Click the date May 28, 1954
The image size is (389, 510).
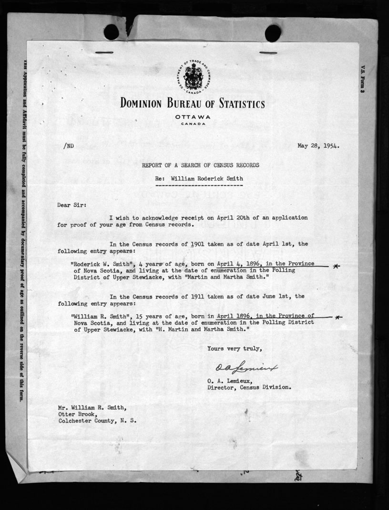point(319,146)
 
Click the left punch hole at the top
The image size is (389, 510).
point(111,32)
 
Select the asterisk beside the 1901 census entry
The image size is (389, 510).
point(337,266)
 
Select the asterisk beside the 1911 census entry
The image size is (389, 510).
point(338,317)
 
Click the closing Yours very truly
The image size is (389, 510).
point(235,349)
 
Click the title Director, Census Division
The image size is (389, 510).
point(248,388)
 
